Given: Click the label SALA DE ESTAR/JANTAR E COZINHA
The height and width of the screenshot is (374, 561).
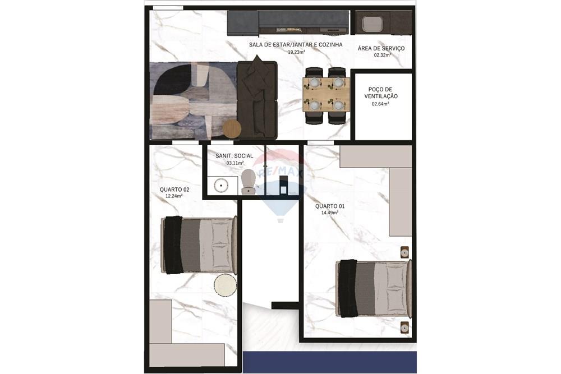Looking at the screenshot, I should coord(295,44).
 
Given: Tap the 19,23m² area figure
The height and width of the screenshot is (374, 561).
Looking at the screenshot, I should coord(296,52).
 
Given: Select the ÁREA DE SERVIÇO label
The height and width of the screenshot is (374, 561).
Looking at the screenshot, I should coord(381,48).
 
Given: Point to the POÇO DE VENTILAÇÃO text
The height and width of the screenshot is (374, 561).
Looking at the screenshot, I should coord(381,93).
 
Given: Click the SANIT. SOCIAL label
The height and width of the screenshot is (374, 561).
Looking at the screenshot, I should coord(234,155).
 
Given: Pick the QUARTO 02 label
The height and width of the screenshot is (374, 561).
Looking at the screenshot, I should coord(174,190).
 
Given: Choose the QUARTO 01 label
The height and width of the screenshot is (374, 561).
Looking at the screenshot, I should coord(330,206).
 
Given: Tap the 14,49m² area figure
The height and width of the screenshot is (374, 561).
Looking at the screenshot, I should coord(330,213).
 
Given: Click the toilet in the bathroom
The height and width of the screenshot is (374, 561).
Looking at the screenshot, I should coord(249,182).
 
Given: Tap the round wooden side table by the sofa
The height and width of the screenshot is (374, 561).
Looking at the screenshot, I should coord(232,128).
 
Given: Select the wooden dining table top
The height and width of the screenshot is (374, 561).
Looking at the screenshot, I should coord(326,94).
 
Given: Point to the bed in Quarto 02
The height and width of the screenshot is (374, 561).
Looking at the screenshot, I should coord(200,246).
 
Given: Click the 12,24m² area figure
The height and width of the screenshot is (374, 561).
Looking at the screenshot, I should coord(174,196).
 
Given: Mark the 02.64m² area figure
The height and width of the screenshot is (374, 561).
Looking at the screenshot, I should coord(381,104).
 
